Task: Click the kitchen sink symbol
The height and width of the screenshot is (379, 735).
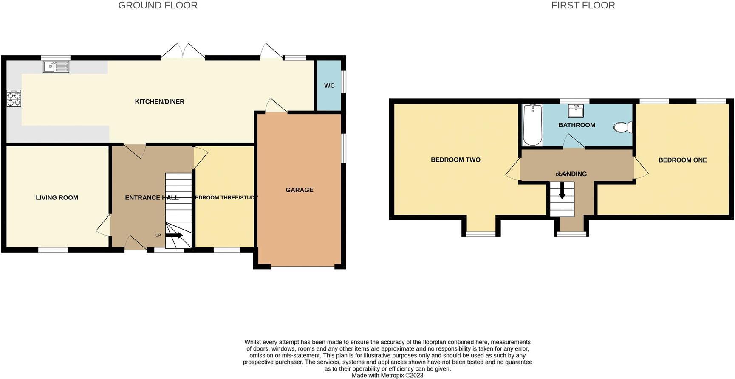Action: tap(56, 67)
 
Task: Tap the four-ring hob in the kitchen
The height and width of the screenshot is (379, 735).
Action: tap(14, 98)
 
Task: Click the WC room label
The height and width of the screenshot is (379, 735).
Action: tap(329, 86)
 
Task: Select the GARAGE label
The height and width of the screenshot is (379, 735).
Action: tap(300, 190)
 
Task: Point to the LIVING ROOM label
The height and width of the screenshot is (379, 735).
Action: tap(57, 198)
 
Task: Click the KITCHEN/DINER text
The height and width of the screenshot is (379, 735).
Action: tap(159, 102)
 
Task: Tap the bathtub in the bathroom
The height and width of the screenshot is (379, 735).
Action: tap(532, 125)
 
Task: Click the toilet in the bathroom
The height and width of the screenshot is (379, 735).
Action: tap(623, 127)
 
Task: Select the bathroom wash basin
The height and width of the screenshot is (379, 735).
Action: tap(576, 111)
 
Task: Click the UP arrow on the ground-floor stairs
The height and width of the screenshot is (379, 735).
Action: tap(173, 235)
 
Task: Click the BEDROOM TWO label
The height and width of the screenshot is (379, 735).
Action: tap(455, 160)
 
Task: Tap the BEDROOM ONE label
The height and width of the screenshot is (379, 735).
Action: tap(682, 160)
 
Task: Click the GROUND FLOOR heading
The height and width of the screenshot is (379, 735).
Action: tap(158, 6)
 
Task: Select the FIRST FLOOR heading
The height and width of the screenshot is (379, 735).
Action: tap(583, 6)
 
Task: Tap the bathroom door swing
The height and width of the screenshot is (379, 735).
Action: tap(573, 142)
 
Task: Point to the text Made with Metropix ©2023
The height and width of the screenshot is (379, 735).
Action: tap(387, 376)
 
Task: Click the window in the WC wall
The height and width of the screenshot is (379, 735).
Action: tap(344, 81)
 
